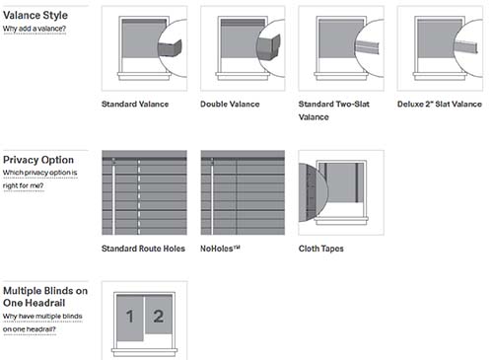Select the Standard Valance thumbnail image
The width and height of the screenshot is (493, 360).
(144, 47)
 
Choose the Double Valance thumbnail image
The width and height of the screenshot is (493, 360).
(242, 47)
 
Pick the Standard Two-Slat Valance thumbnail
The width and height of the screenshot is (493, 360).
(340, 47)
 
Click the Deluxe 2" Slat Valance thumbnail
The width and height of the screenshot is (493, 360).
(439, 47)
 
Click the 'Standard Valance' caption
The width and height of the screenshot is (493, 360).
(135, 103)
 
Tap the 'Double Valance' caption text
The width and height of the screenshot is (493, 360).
(230, 103)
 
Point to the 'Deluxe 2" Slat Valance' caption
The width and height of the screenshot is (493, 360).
(440, 103)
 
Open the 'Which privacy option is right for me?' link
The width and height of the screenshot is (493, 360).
(38, 179)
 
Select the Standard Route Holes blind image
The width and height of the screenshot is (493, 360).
(144, 192)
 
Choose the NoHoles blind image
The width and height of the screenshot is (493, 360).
(242, 192)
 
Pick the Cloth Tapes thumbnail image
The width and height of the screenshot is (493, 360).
(340, 192)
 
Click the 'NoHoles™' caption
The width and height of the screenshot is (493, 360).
(221, 249)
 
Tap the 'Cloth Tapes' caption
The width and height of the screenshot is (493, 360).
(321, 249)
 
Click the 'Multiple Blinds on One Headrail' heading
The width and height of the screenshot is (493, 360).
(43, 297)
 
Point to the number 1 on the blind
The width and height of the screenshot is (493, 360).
(130, 318)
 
